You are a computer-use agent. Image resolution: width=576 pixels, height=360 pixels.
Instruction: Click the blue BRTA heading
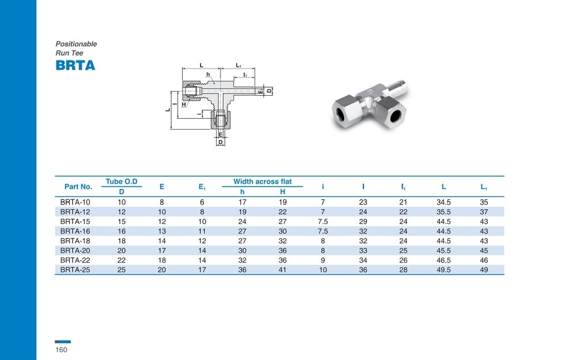click(x=75, y=65)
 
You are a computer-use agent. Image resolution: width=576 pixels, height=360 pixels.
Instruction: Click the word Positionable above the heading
click(x=76, y=44)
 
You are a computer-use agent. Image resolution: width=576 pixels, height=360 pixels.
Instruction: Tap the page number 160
click(x=62, y=350)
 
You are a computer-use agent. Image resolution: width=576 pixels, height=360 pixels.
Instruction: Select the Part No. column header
click(x=78, y=187)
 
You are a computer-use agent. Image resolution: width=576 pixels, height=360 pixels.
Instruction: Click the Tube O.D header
click(x=122, y=181)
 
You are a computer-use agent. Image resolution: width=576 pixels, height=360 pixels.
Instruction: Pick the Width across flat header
click(x=262, y=181)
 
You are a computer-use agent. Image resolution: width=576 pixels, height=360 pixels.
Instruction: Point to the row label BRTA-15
click(x=75, y=222)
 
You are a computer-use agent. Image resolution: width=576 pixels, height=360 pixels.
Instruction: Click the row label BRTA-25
click(x=75, y=270)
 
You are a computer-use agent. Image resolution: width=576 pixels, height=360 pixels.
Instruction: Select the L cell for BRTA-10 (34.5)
click(x=444, y=202)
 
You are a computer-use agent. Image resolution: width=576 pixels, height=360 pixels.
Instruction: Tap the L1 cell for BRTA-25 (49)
click(x=484, y=270)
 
